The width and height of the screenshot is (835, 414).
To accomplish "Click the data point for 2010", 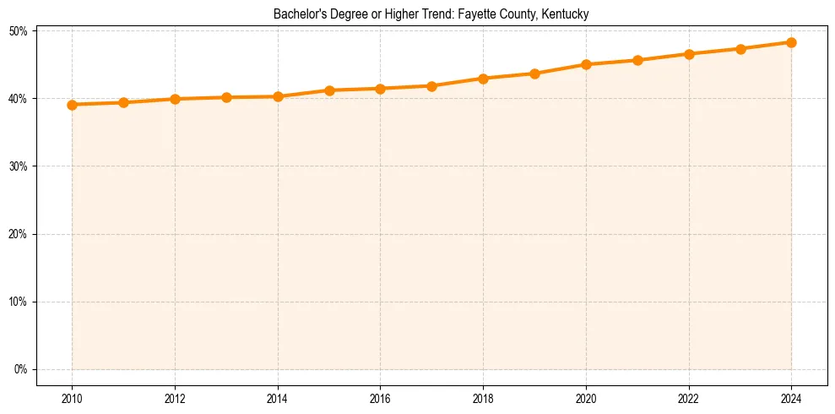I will (72, 105).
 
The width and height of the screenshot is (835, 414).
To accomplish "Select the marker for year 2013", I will (226, 97).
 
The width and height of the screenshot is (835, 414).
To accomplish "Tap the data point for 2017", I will (431, 86).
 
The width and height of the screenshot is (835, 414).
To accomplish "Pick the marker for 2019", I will (534, 74).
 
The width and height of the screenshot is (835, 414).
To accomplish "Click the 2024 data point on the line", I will (791, 42).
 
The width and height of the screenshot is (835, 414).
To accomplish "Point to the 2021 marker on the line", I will (637, 60).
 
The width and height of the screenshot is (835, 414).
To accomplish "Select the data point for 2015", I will (329, 90).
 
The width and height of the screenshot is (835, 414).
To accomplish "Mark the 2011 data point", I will (123, 103).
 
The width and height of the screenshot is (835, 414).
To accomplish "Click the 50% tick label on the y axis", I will (18, 31).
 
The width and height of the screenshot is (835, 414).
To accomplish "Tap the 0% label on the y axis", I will (20, 369).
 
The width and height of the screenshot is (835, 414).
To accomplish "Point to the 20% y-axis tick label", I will (18, 234).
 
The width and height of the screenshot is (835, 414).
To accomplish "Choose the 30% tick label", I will (18, 166).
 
